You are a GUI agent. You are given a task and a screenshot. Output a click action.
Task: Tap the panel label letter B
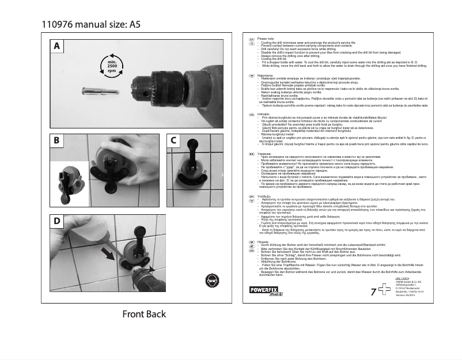(56, 140)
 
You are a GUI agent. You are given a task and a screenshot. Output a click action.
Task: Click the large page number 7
(373, 293)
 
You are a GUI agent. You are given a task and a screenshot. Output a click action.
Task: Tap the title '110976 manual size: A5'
(90, 24)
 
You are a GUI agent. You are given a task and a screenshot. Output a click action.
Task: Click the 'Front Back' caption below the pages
(143, 314)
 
